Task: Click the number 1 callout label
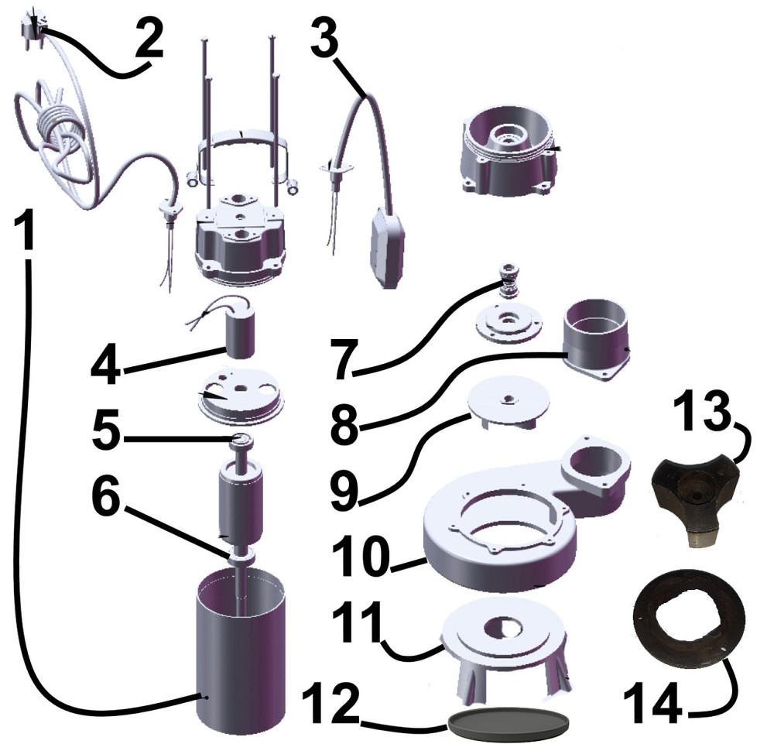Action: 24,229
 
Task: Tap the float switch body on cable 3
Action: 388,247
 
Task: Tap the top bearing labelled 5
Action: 241,441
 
